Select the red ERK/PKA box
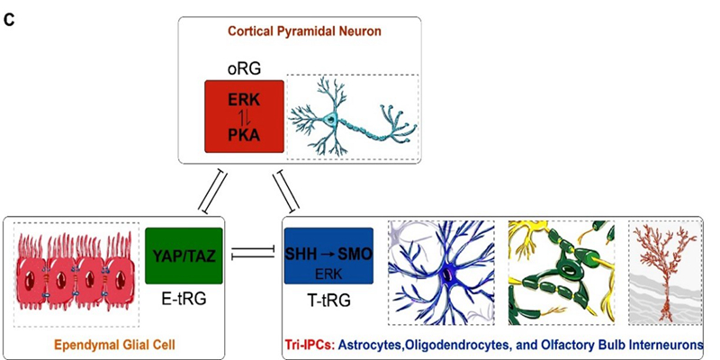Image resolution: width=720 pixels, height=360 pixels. point(245,116)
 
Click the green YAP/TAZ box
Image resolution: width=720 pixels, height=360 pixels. point(183,256)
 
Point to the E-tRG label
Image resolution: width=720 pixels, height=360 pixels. point(182,296)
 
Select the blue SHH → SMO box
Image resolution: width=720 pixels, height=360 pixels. point(328,256)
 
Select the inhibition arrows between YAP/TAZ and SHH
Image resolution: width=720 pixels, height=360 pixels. point(255,256)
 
